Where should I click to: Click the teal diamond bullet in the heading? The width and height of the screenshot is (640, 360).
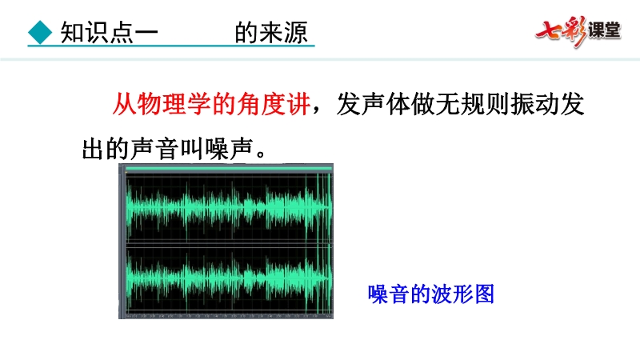click(x=40, y=32)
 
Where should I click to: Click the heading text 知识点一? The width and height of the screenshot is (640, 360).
click(x=109, y=33)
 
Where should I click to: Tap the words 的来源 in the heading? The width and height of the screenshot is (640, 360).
click(x=271, y=33)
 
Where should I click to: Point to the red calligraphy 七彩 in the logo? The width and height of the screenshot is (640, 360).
click(x=562, y=31)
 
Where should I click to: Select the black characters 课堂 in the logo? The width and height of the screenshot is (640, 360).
click(x=605, y=30)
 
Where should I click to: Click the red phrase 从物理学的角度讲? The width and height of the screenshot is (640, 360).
click(x=211, y=104)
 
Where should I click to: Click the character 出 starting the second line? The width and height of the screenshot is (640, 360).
click(x=94, y=149)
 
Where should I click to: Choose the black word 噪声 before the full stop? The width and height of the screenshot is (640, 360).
click(x=229, y=149)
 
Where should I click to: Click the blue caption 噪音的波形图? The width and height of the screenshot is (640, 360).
click(x=431, y=294)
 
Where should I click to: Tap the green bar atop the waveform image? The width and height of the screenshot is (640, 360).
click(x=229, y=168)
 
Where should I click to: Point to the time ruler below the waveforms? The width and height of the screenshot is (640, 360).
click(x=229, y=316)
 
